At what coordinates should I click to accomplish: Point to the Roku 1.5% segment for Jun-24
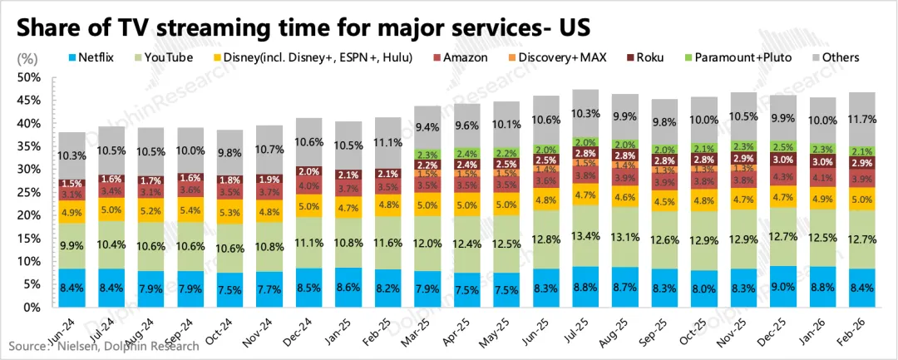72,184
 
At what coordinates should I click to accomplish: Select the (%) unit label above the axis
27,58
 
